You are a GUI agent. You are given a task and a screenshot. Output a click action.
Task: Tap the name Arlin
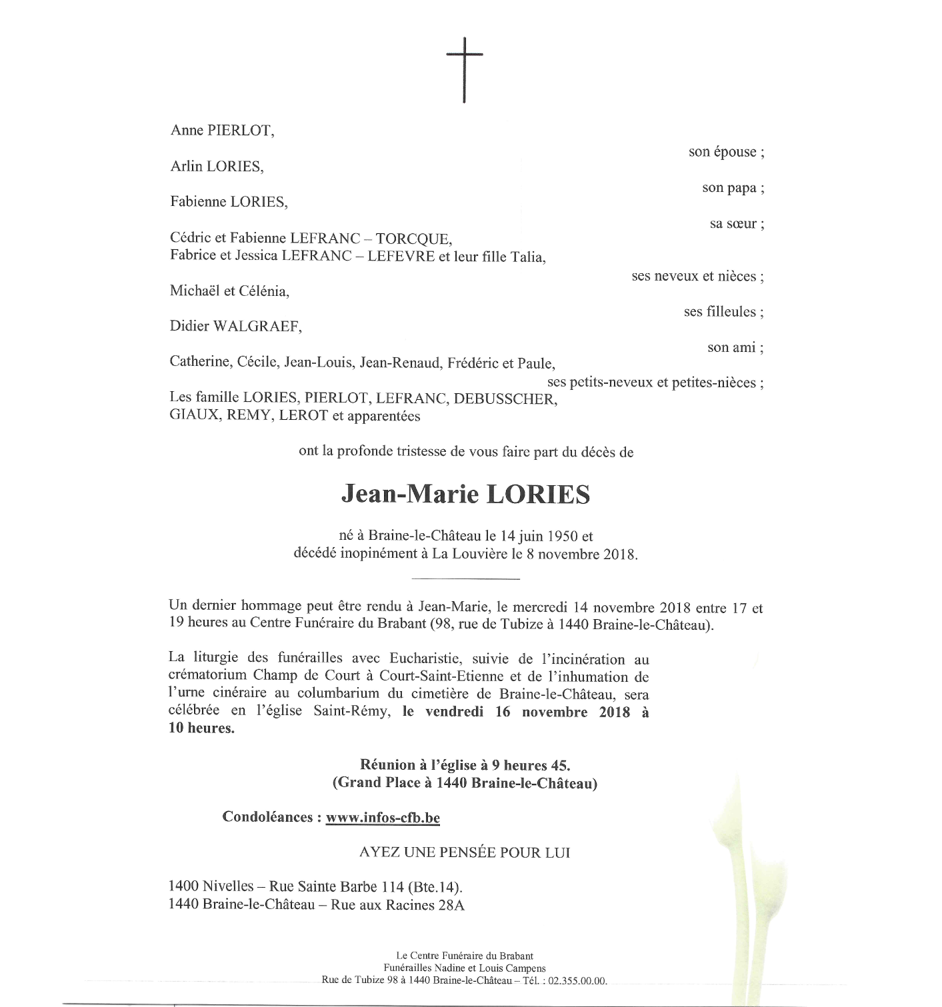[187, 167]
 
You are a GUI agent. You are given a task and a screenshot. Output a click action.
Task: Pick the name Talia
[528, 257]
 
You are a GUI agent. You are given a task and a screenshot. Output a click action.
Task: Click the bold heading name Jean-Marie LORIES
[465, 495]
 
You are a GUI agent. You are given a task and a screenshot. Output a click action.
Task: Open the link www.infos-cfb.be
[383, 818]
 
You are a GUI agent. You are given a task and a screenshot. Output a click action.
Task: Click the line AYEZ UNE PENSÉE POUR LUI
[465, 852]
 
